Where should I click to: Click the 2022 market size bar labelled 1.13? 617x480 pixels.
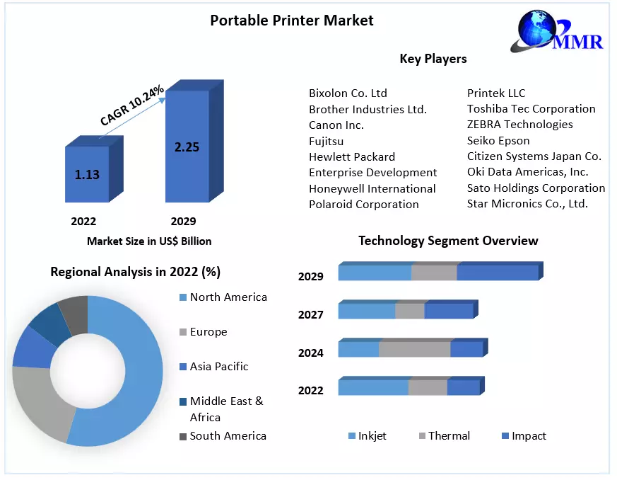pos(94,169)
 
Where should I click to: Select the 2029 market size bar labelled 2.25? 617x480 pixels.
pos(194,141)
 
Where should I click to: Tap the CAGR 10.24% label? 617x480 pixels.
pos(132,105)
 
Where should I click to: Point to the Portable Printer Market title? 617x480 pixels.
pos(292,21)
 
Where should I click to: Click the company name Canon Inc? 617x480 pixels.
pos(336,125)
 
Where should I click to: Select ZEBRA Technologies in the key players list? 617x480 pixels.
pos(519,125)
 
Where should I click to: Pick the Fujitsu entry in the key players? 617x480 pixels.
pos(327,141)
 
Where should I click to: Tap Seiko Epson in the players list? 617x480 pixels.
pos(498,141)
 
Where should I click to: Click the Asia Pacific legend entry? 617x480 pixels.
pos(214,367)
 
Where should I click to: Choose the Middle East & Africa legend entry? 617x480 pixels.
pos(221,409)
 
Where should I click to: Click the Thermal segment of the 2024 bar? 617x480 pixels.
pos(415,348)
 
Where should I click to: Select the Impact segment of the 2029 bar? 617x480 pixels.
pos(500,271)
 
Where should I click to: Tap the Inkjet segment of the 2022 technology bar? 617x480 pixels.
pos(373,386)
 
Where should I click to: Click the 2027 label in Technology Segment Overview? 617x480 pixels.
pos(310,314)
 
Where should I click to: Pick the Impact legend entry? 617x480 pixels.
pos(524,436)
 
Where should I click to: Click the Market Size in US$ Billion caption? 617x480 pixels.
pos(149,241)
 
